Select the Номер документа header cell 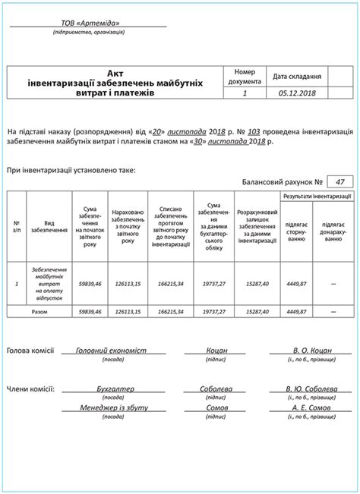[x=245, y=76]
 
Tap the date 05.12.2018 [x=298, y=94]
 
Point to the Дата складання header [x=298, y=76]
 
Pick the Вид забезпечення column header [x=48, y=226]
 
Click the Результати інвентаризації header [x=317, y=196]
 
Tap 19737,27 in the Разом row [x=215, y=311]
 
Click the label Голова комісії [x=30, y=351]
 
